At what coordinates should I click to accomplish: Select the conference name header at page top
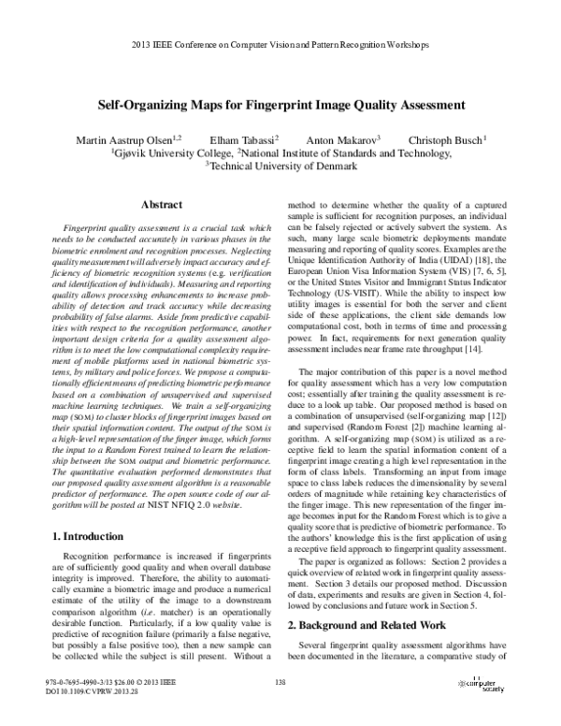pyautogui.click(x=280, y=44)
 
